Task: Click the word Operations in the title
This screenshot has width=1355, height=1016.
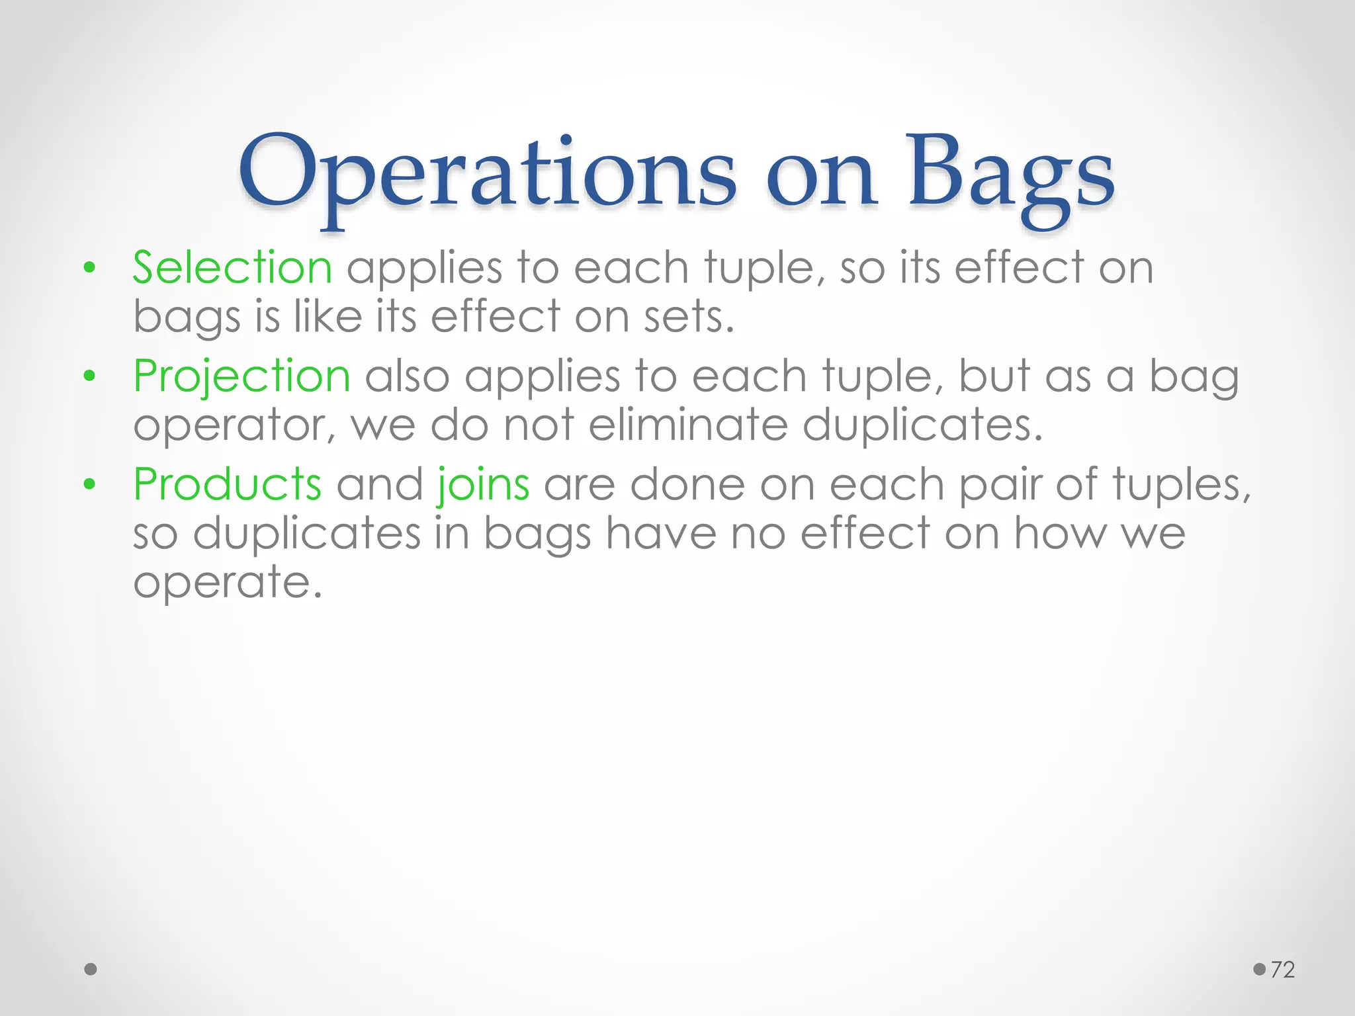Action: pyautogui.click(x=486, y=173)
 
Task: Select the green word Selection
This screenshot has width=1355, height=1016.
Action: pyautogui.click(x=232, y=268)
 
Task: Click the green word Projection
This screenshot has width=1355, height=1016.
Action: pyautogui.click(x=241, y=376)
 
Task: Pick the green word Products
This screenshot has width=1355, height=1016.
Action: pyautogui.click(x=227, y=485)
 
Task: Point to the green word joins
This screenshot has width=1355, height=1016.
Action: pyautogui.click(x=483, y=485)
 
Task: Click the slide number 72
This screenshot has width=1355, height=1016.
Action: pyautogui.click(x=1282, y=970)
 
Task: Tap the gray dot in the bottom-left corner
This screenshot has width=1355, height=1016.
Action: pyautogui.click(x=91, y=970)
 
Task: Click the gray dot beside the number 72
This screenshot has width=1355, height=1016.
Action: pyautogui.click(x=1259, y=970)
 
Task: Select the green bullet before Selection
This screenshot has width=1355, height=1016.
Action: pyautogui.click(x=90, y=269)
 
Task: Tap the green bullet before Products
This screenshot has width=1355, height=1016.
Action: pyautogui.click(x=90, y=485)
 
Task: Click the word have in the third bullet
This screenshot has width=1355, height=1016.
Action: pyautogui.click(x=661, y=533)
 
